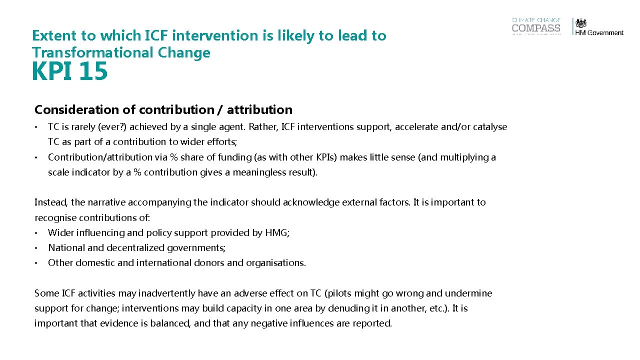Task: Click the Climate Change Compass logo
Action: (536, 26)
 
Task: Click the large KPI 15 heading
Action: (69, 71)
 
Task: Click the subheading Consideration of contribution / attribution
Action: (163, 109)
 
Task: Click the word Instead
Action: (51, 202)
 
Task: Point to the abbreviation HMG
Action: (276, 232)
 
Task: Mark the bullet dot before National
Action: (36, 248)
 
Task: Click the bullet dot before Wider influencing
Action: (36, 233)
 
